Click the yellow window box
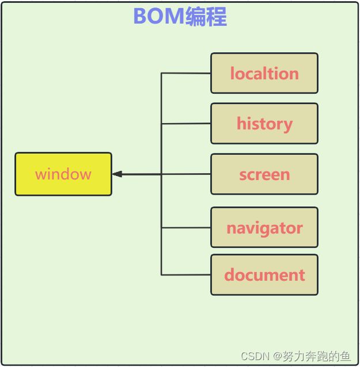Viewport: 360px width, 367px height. pyautogui.click(x=63, y=174)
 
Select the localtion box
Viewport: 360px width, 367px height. pyautogui.click(x=264, y=73)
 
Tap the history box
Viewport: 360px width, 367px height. pyautogui.click(x=264, y=123)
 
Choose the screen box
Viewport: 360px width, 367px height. pyautogui.click(x=264, y=174)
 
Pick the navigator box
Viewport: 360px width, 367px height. pyautogui.click(x=264, y=227)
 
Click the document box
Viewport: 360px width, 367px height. pyautogui.click(x=264, y=275)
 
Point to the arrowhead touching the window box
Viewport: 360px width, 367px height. pyautogui.click(x=117, y=174)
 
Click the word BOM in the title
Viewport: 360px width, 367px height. pyautogui.click(x=159, y=16)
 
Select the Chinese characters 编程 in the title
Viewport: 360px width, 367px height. pyautogui.click(x=206, y=16)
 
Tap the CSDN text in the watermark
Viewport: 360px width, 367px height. pyautogui.click(x=255, y=356)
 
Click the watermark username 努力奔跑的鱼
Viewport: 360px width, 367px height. pyautogui.click(x=317, y=356)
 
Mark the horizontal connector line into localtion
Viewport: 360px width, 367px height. pyautogui.click(x=186, y=73)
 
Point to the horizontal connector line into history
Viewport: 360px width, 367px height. pyautogui.click(x=186, y=123)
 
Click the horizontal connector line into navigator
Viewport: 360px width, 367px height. pyautogui.click(x=186, y=227)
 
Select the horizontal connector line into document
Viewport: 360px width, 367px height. pyautogui.click(x=186, y=275)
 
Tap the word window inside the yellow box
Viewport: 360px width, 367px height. pyautogui.click(x=63, y=174)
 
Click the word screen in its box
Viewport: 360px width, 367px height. pyautogui.click(x=264, y=175)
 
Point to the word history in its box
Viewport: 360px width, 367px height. pyautogui.click(x=264, y=124)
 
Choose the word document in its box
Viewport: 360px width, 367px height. pyautogui.click(x=264, y=274)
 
